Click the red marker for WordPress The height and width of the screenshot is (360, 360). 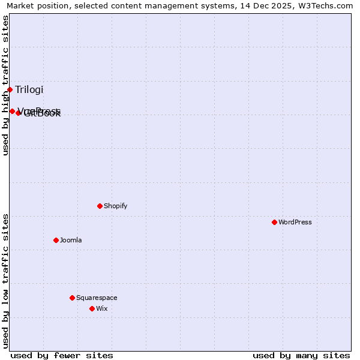pyautogui.click(x=274, y=222)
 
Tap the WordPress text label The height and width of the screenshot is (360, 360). pyautogui.click(x=295, y=222)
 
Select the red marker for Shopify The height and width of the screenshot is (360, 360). pyautogui.click(x=100, y=206)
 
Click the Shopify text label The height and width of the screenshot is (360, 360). pyautogui.click(x=116, y=206)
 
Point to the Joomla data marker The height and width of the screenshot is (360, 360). pyautogui.click(x=56, y=240)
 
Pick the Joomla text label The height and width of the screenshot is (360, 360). pyautogui.click(x=71, y=240)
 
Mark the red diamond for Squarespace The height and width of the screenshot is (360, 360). pyautogui.click(x=72, y=298)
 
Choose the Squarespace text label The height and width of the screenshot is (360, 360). pyautogui.click(x=97, y=298)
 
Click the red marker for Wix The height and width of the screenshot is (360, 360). pyautogui.click(x=92, y=308)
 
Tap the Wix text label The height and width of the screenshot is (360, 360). pyautogui.click(x=102, y=308)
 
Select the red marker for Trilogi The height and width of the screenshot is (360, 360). pyautogui.click(x=10, y=89)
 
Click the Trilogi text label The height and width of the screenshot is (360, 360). pyautogui.click(x=29, y=90)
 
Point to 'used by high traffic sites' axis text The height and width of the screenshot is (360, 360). pyautogui.click(x=5, y=85)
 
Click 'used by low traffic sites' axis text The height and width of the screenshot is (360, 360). pyautogui.click(x=5, y=280)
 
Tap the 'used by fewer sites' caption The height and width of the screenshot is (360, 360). pyautogui.click(x=62, y=355)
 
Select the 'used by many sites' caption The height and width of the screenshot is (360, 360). pyautogui.click(x=301, y=355)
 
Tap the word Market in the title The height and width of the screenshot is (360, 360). pyautogui.click(x=20, y=5)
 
